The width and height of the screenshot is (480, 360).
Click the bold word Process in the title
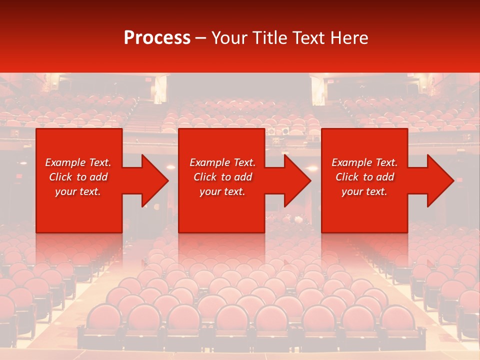click(157, 38)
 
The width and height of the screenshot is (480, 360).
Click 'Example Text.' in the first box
click(78, 162)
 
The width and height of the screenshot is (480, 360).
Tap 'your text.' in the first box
click(78, 191)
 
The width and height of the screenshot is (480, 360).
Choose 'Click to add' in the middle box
click(222, 177)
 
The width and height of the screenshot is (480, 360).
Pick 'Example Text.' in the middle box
click(222, 162)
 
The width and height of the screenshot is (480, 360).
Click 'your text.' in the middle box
click(222, 191)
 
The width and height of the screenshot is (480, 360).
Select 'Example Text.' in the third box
click(364, 162)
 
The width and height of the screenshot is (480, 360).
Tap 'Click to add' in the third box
click(364, 177)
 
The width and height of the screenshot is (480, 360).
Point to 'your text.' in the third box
click(364, 191)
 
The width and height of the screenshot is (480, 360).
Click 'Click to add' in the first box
click(78, 177)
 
